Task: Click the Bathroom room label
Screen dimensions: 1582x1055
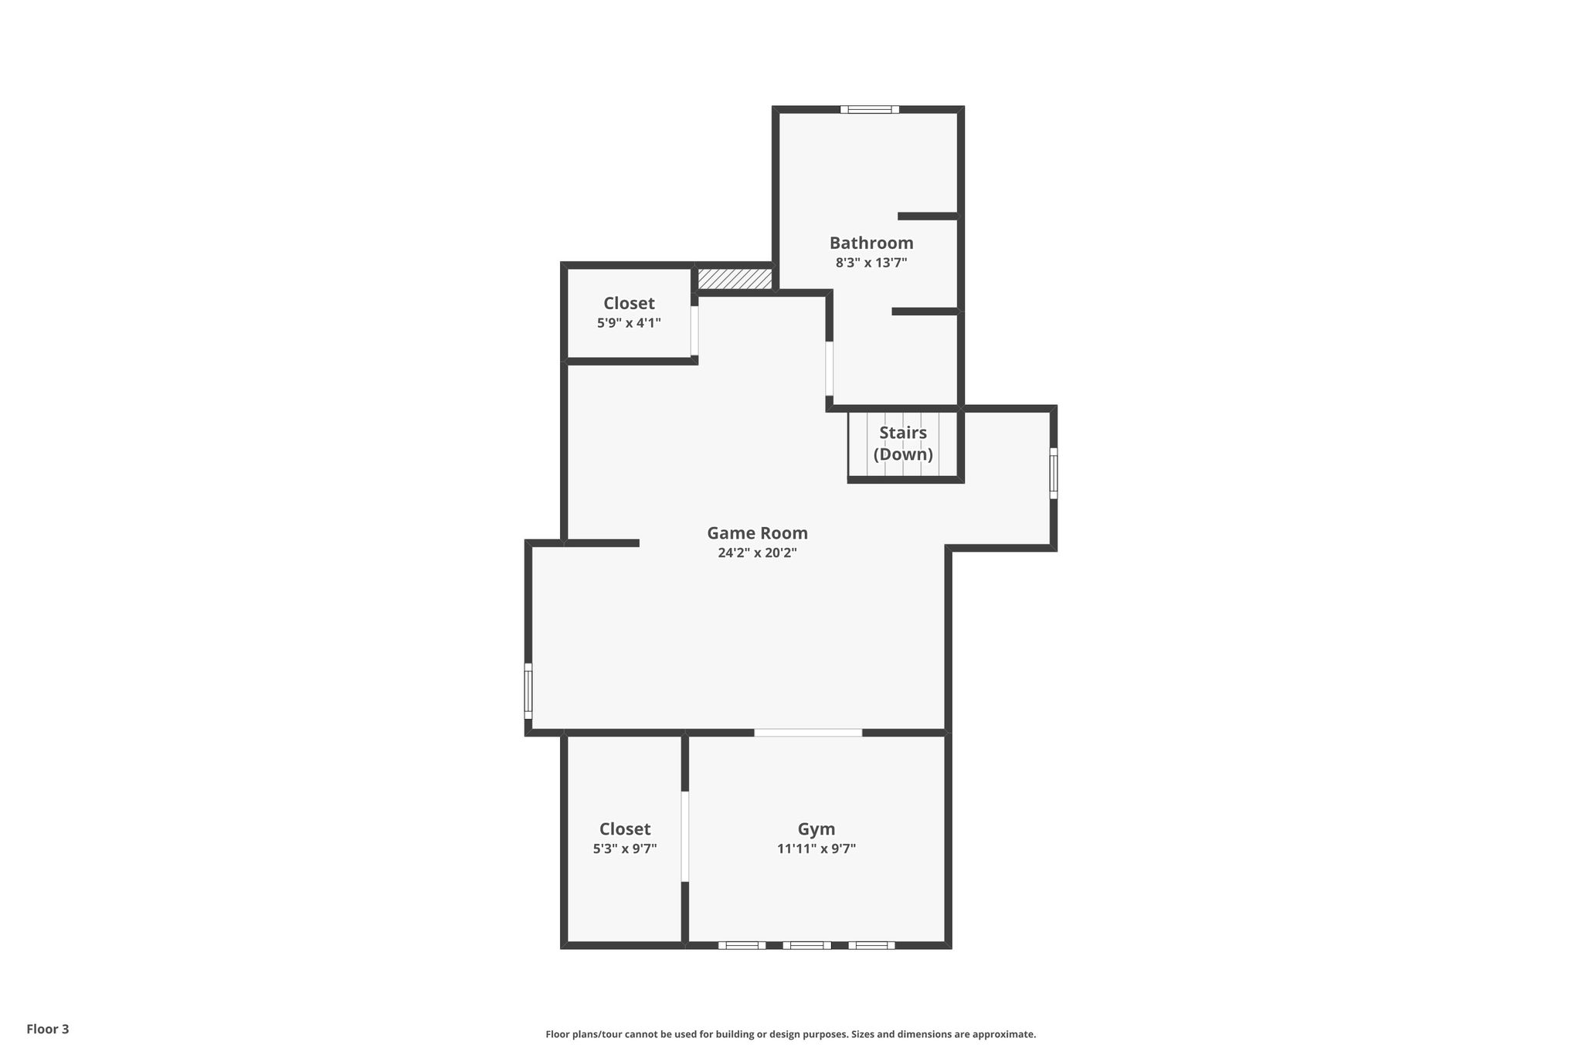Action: [871, 243]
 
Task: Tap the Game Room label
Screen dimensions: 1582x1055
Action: [757, 533]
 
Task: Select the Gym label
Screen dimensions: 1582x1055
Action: [816, 829]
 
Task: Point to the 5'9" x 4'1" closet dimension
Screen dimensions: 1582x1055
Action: [629, 323]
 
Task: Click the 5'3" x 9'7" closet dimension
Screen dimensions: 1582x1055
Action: [625, 849]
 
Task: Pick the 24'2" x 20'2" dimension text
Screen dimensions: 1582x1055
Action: [757, 553]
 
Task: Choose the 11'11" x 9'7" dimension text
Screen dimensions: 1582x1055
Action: [816, 849]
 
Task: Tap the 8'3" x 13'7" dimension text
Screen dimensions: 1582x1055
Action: [871, 263]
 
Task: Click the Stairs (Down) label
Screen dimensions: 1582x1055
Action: [903, 443]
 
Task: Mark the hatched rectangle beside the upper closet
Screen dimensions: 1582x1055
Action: [735, 279]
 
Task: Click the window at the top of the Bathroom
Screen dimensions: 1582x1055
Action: [870, 110]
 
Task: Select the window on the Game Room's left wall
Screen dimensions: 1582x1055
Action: [528, 691]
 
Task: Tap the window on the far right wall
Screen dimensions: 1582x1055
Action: [1053, 473]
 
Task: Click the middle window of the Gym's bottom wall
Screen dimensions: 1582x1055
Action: [806, 944]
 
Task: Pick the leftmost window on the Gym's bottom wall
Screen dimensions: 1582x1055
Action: [742, 944]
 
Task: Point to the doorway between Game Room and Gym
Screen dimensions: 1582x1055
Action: [808, 732]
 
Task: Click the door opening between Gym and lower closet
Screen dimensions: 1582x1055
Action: [684, 836]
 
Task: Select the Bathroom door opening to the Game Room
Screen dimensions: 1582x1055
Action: [829, 369]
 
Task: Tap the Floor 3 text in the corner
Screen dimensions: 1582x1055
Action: [48, 1029]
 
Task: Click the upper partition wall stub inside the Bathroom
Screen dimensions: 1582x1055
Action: [928, 216]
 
